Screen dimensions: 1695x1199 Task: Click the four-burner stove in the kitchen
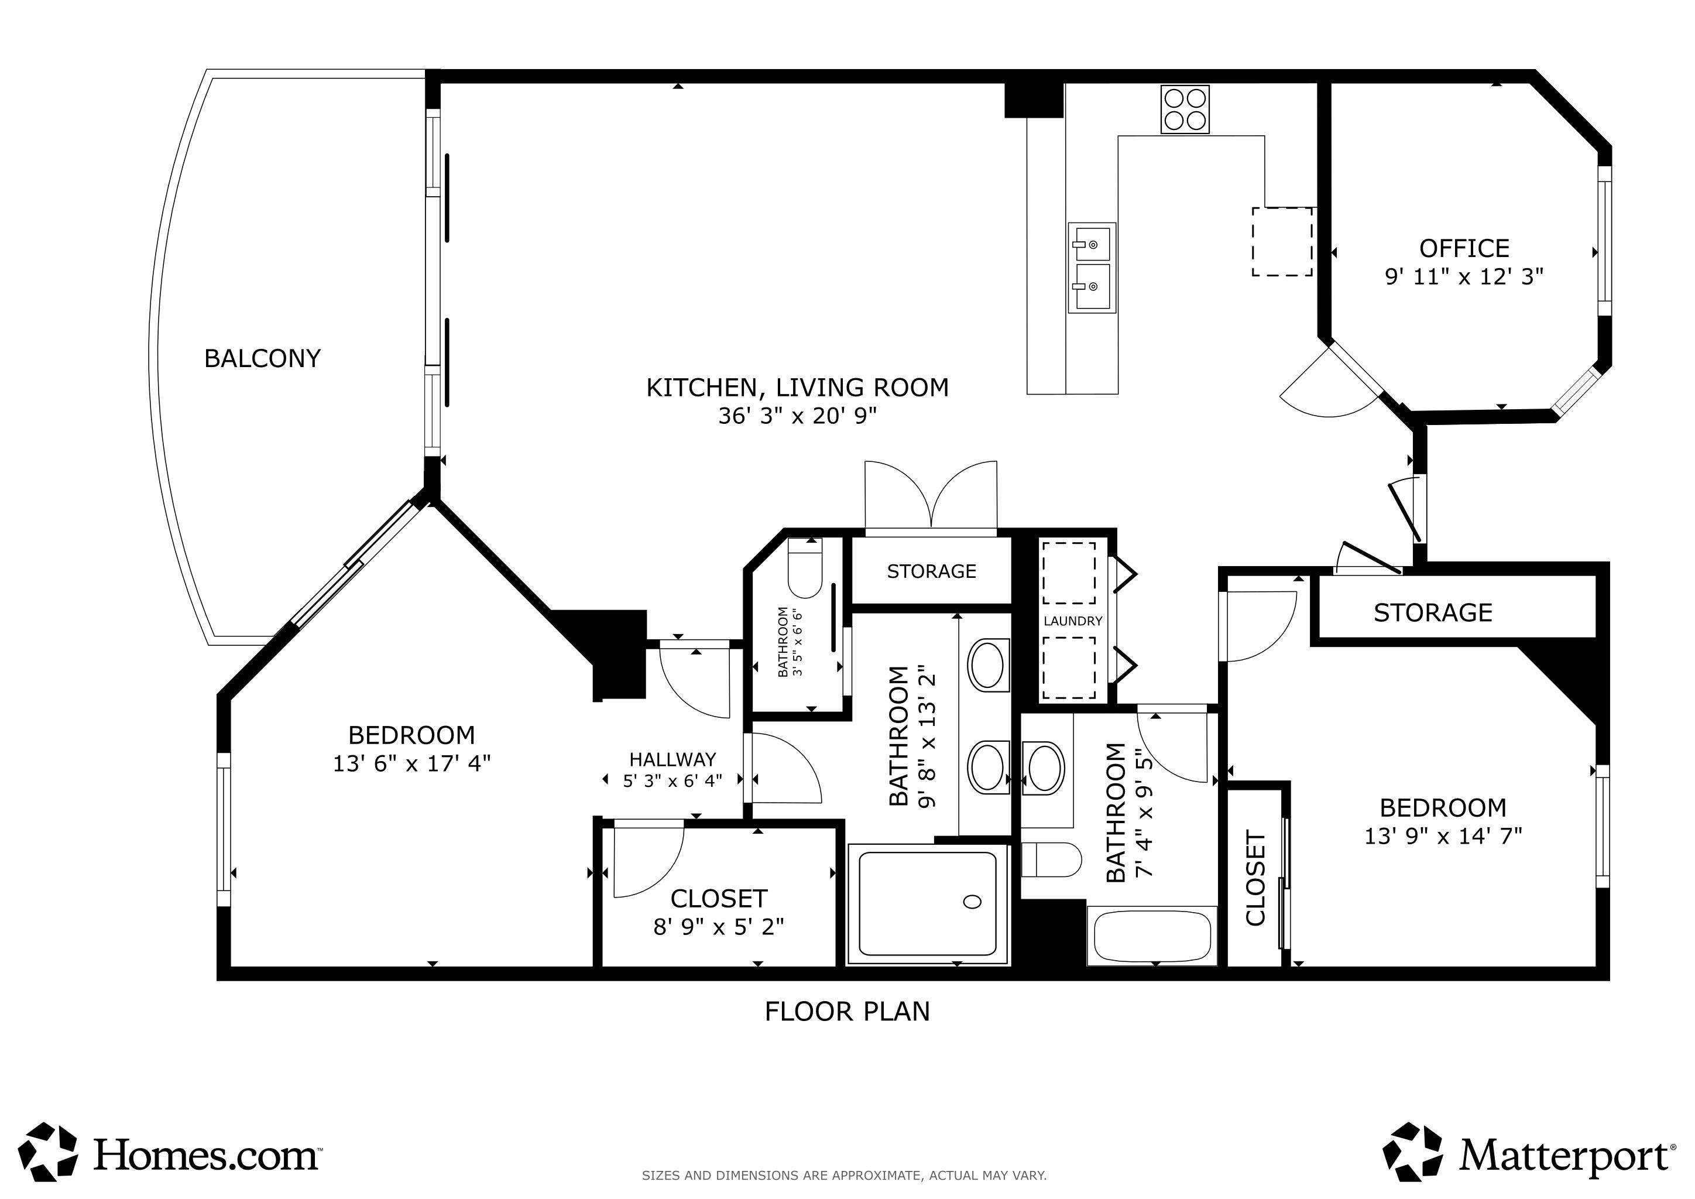[x=1185, y=109]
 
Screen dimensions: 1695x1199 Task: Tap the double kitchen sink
[x=1091, y=268]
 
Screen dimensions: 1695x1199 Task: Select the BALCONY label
[x=262, y=359]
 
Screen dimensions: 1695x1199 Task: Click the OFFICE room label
[x=1464, y=248]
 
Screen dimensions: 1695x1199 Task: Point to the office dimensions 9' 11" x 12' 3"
[x=1464, y=277]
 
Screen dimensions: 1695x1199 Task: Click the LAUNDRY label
[x=1073, y=621]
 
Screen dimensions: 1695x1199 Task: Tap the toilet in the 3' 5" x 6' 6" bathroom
[x=805, y=568]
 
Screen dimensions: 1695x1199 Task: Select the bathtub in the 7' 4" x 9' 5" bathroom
[x=1152, y=936]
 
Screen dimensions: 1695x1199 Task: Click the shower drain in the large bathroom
[x=972, y=902]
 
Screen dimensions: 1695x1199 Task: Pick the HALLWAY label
[x=672, y=760]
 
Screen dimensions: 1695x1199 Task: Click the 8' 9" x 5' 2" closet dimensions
[x=718, y=927]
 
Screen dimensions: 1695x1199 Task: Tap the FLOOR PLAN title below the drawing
[x=847, y=1012]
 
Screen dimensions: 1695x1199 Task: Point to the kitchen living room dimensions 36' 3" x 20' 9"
[x=797, y=416]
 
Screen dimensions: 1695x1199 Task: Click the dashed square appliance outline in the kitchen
[x=1282, y=242]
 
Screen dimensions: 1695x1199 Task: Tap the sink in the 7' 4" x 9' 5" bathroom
[x=1043, y=768]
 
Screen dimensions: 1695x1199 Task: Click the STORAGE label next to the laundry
[x=932, y=571]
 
